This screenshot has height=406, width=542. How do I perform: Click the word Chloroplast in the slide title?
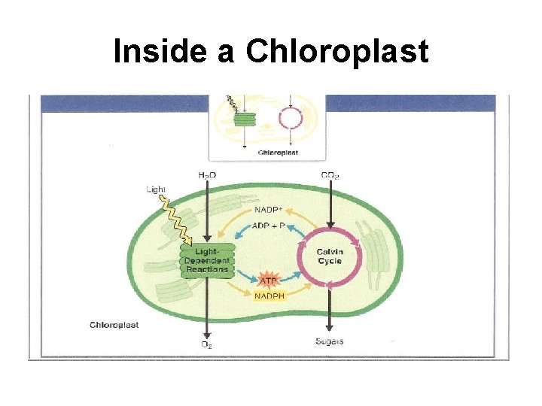pyautogui.click(x=337, y=51)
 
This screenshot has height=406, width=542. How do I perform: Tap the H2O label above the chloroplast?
pyautogui.click(x=206, y=175)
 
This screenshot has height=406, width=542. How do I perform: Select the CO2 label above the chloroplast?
pyautogui.click(x=329, y=175)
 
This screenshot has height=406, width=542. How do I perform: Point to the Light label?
pyautogui.click(x=156, y=189)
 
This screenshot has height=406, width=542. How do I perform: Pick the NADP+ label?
pyautogui.click(x=269, y=210)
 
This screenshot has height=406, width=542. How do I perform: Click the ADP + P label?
pyautogui.click(x=269, y=226)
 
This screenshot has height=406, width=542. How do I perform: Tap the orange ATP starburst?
pyautogui.click(x=269, y=280)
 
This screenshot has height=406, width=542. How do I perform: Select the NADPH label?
pyautogui.click(x=269, y=296)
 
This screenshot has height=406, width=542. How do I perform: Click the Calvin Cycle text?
pyautogui.click(x=329, y=256)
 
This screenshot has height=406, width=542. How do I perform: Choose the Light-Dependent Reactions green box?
pyautogui.click(x=206, y=259)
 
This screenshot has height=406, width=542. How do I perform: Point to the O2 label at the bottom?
pyautogui.click(x=206, y=344)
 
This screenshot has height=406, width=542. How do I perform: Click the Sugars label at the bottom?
pyautogui.click(x=330, y=341)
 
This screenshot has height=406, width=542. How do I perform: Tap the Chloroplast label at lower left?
pyautogui.click(x=114, y=325)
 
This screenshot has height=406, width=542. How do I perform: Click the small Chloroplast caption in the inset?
pyautogui.click(x=279, y=152)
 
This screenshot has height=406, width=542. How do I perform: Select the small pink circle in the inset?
pyautogui.click(x=290, y=119)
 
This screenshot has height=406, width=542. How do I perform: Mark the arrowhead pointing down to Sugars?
pyautogui.click(x=330, y=329)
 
